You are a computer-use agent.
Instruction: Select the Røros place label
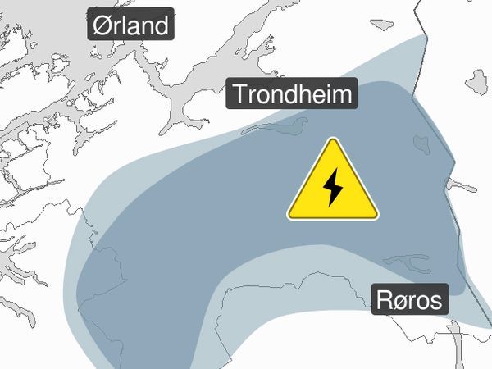(x=409, y=299)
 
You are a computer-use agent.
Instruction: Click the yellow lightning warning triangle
(x=333, y=184)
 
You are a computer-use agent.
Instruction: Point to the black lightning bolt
(x=333, y=189)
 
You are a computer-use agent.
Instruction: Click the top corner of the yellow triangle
(x=333, y=139)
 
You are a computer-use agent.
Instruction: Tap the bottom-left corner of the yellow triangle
(x=289, y=217)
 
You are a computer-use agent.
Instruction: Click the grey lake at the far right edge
(x=477, y=81)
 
